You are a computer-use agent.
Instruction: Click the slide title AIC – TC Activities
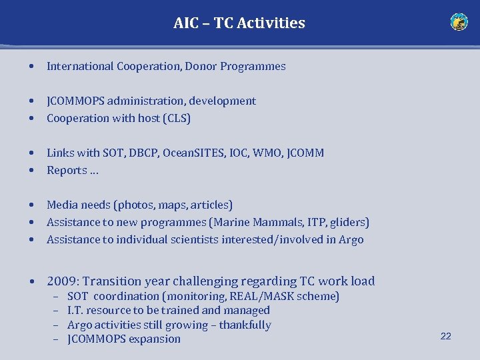pyautogui.click(x=239, y=23)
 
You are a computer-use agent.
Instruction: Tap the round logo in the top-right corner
pyautogui.click(x=459, y=22)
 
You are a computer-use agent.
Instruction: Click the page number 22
pyautogui.click(x=445, y=336)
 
